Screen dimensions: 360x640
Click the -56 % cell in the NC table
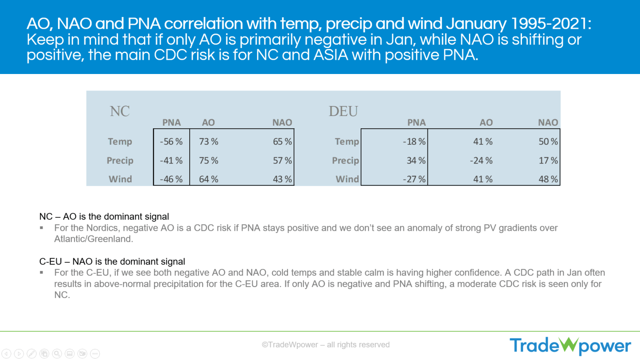(x=171, y=142)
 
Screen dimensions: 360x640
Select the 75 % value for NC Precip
(x=208, y=161)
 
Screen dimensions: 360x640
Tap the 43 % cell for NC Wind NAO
(x=282, y=180)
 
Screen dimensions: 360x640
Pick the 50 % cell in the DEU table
(x=548, y=142)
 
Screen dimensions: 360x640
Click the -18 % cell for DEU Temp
(x=415, y=142)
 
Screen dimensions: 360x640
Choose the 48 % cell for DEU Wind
(x=548, y=180)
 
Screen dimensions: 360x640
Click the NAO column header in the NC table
(x=282, y=122)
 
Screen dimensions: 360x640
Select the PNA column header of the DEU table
(x=416, y=122)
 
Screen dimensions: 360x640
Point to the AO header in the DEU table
(x=486, y=122)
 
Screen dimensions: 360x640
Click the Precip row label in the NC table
(x=120, y=161)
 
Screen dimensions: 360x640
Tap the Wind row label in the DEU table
(x=347, y=180)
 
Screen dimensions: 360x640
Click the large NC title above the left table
(x=120, y=111)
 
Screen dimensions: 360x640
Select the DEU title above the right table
(x=343, y=111)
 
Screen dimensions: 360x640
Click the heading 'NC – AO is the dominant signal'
(x=104, y=217)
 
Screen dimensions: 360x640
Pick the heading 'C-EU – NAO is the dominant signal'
(x=112, y=262)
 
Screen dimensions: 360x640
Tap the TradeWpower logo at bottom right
(x=570, y=345)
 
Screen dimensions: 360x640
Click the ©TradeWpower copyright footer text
(x=325, y=345)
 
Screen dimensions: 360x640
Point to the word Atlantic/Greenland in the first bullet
(x=93, y=239)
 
